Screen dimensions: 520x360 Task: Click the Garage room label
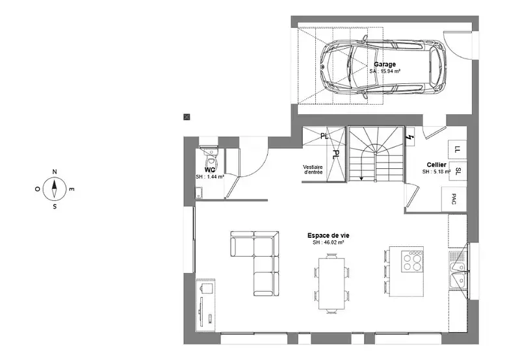385,64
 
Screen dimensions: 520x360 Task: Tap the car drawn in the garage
383,66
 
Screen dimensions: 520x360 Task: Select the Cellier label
436,165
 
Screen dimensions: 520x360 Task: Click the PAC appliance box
454,199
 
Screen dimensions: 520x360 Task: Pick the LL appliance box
458,149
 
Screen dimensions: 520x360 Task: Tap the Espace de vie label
328,236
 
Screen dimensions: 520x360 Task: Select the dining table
332,283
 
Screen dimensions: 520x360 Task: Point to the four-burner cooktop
412,261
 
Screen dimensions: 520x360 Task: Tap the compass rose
55,189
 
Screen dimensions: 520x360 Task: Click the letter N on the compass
55,172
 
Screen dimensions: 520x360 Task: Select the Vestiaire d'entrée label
313,170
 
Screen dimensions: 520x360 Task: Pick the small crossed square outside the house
187,117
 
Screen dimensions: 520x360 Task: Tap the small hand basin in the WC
199,192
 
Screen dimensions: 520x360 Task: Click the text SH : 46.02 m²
328,242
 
